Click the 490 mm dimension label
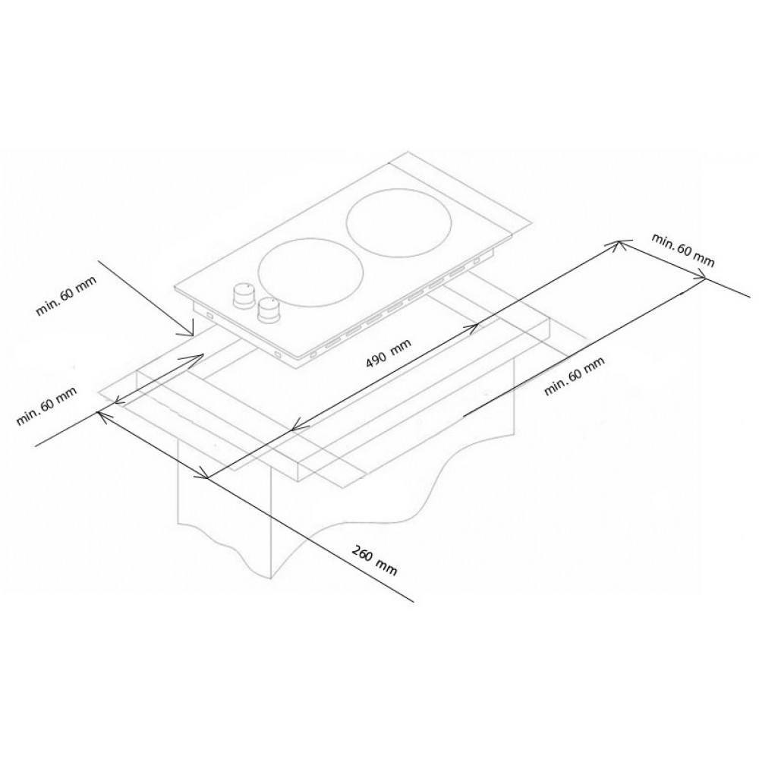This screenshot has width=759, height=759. coord(388,353)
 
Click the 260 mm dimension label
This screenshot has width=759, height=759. coord(375,561)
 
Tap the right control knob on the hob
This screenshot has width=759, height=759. coord(267,310)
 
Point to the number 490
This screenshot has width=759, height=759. coord(376,360)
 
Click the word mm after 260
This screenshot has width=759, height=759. coord(388,568)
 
